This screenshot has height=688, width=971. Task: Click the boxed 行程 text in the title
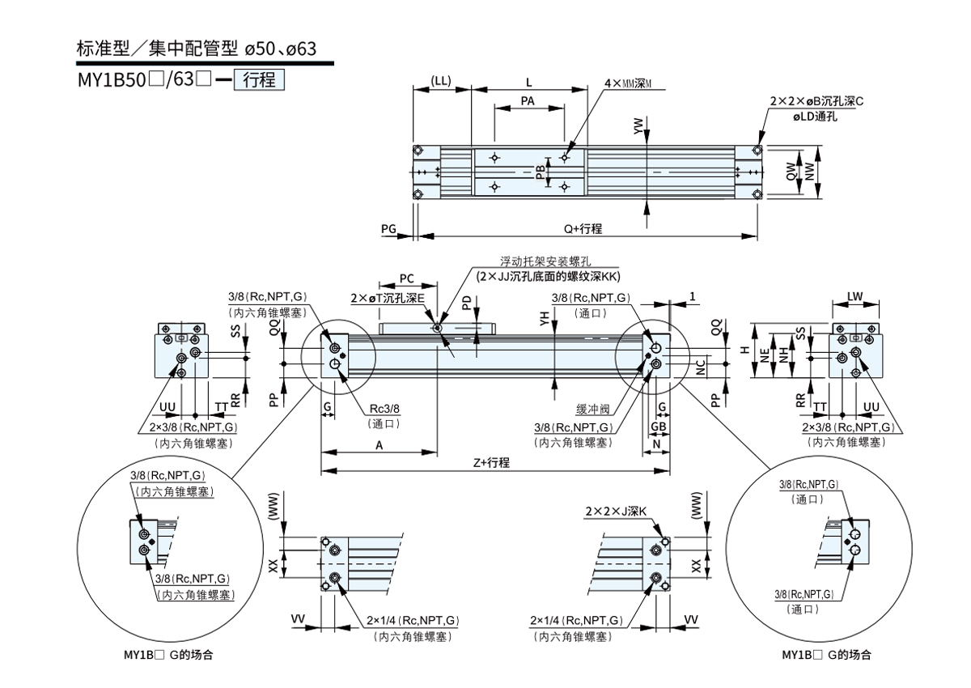click(259, 80)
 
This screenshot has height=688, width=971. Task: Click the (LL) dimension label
click(441, 82)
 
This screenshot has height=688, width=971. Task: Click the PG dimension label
click(388, 230)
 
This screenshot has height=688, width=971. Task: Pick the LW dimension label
click(855, 296)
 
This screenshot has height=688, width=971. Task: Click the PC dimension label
click(407, 279)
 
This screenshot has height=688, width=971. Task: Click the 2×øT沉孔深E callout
click(388, 299)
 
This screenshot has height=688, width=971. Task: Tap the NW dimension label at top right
click(811, 171)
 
